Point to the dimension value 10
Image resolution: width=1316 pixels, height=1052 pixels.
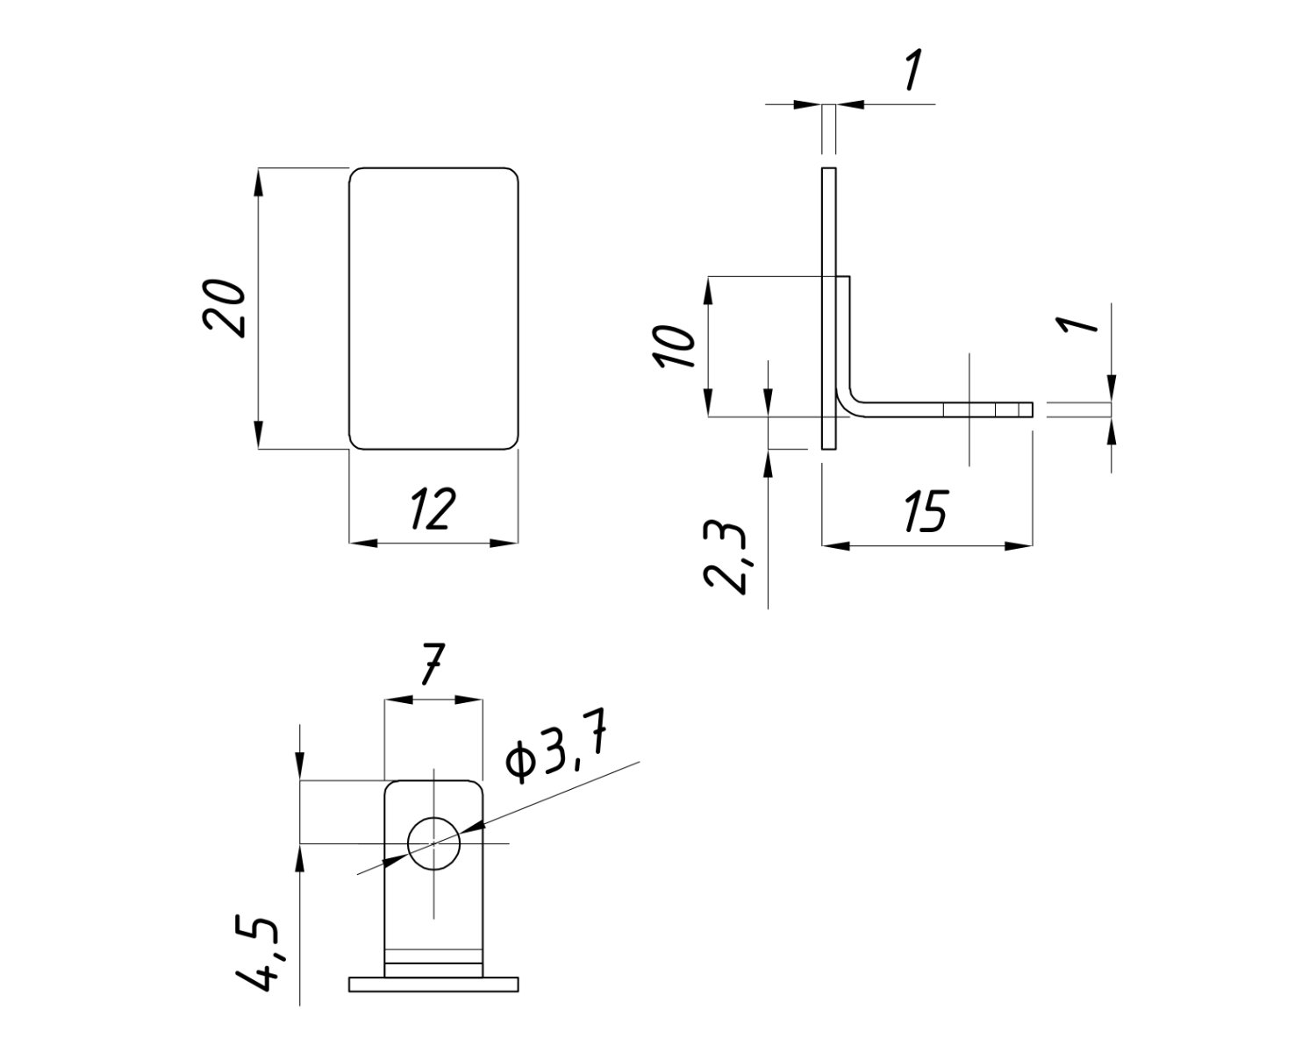click(676, 346)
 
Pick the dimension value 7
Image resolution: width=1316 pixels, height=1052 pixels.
click(433, 665)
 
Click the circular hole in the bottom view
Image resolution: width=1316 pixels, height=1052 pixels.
click(433, 844)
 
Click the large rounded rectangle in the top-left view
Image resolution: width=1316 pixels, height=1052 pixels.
click(433, 308)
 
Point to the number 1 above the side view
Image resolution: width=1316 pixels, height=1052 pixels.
click(912, 71)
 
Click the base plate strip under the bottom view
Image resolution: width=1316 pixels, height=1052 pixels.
click(433, 984)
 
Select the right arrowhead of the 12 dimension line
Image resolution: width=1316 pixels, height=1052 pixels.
click(504, 544)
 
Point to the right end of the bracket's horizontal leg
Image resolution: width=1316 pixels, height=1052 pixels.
click(1031, 409)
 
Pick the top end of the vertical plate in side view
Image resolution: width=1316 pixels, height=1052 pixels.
click(829, 169)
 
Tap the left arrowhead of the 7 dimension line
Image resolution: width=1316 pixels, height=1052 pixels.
click(396, 700)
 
